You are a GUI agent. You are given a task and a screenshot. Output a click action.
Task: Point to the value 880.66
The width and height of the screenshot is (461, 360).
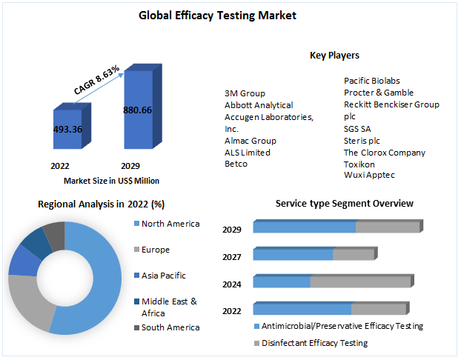point(137,110)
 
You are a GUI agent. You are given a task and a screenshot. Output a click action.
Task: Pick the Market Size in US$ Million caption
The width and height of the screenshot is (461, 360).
point(111,181)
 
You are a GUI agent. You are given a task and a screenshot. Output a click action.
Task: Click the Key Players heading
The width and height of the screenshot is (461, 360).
point(334,56)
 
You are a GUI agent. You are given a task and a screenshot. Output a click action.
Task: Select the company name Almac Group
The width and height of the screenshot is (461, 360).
point(250,141)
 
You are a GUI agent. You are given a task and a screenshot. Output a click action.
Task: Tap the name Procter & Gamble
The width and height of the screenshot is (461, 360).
point(379,93)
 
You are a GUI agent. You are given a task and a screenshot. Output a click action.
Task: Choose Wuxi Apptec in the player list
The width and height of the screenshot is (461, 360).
point(369,175)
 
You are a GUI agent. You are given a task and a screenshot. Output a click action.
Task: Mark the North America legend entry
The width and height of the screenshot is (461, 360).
point(170,224)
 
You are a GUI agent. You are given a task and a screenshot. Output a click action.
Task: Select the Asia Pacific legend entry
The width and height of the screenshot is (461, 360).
point(163,276)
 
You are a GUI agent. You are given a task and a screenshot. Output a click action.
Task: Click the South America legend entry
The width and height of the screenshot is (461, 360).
point(170,327)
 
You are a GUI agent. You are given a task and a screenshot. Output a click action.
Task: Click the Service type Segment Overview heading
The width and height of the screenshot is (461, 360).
point(345,204)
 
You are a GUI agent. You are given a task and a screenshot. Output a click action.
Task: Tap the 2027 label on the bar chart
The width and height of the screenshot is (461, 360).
point(232,256)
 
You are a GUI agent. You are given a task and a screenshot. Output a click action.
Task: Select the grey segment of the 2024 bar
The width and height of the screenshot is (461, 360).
point(359,282)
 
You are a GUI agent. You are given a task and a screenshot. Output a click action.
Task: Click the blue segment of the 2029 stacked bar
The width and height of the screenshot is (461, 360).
point(304,227)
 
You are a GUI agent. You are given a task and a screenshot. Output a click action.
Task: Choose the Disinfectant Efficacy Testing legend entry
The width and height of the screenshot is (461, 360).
point(315,343)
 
